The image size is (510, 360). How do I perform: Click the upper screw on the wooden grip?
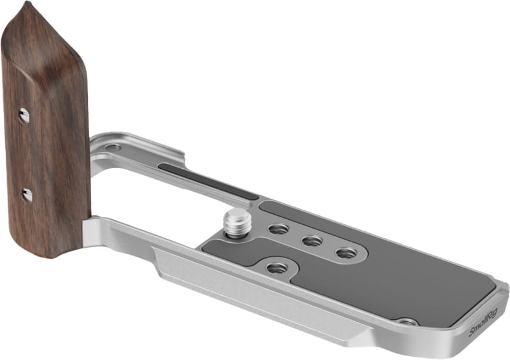tap(24, 115)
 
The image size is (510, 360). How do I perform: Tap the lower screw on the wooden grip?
tap(27, 195)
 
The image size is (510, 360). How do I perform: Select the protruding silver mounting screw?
tap(233, 224)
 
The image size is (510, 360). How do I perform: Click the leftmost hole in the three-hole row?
tap(279, 229)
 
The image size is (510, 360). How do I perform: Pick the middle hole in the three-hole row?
tap(312, 241)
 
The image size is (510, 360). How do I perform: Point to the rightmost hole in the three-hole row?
tap(346, 253)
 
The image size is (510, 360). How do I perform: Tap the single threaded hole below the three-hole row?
tap(277, 268)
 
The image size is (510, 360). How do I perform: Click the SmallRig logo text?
tap(483, 325)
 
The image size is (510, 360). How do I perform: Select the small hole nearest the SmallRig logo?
tap(407, 322)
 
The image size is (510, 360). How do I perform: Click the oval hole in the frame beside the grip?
tap(113, 147)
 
